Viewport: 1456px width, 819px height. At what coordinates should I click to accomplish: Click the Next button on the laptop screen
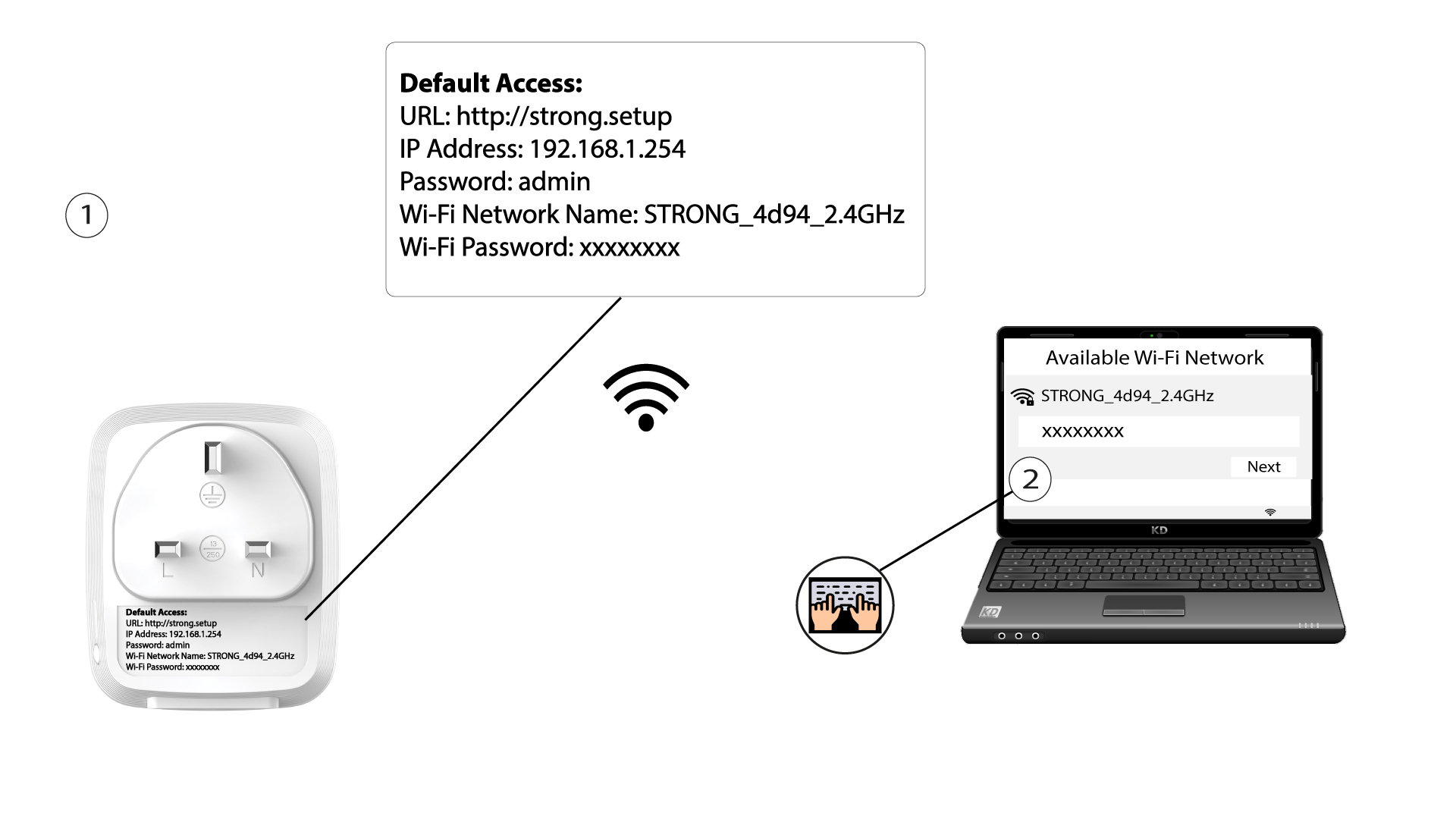tap(1263, 467)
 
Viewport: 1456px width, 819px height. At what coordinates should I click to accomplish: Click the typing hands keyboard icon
tap(845, 605)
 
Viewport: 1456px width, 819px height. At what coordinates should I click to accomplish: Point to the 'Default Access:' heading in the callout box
tap(491, 83)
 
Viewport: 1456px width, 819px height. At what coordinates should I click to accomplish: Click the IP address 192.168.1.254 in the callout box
tap(607, 149)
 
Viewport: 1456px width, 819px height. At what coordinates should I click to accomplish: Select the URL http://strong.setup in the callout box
tap(564, 116)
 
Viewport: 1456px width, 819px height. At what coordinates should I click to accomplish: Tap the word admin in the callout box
tap(554, 182)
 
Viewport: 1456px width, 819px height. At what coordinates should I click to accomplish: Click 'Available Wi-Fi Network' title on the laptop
tap(1154, 358)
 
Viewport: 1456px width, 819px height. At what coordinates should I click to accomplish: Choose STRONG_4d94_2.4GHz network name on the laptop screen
tap(1127, 396)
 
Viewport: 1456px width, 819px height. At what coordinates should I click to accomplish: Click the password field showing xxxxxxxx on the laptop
tap(1158, 431)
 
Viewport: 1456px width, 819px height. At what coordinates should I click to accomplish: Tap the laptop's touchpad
tap(1144, 605)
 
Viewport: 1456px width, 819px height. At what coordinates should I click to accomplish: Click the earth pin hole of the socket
tap(213, 457)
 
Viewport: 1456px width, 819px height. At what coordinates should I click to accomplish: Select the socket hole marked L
tap(168, 548)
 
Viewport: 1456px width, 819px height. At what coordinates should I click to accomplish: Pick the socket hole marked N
tap(258, 548)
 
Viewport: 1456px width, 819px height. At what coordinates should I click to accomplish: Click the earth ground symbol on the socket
tap(212, 494)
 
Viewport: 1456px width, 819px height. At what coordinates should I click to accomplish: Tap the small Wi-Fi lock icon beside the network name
tap(1023, 397)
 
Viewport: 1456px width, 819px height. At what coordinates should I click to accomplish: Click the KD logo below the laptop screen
tap(1159, 530)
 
